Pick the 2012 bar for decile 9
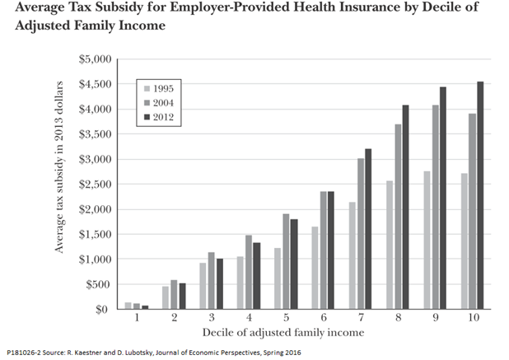click(x=442, y=198)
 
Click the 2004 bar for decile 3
click(x=211, y=281)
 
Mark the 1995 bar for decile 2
click(x=166, y=297)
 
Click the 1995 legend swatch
click(x=147, y=87)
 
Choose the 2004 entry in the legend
click(x=169, y=102)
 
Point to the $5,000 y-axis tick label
click(x=93, y=59)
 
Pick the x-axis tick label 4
click(x=249, y=316)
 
